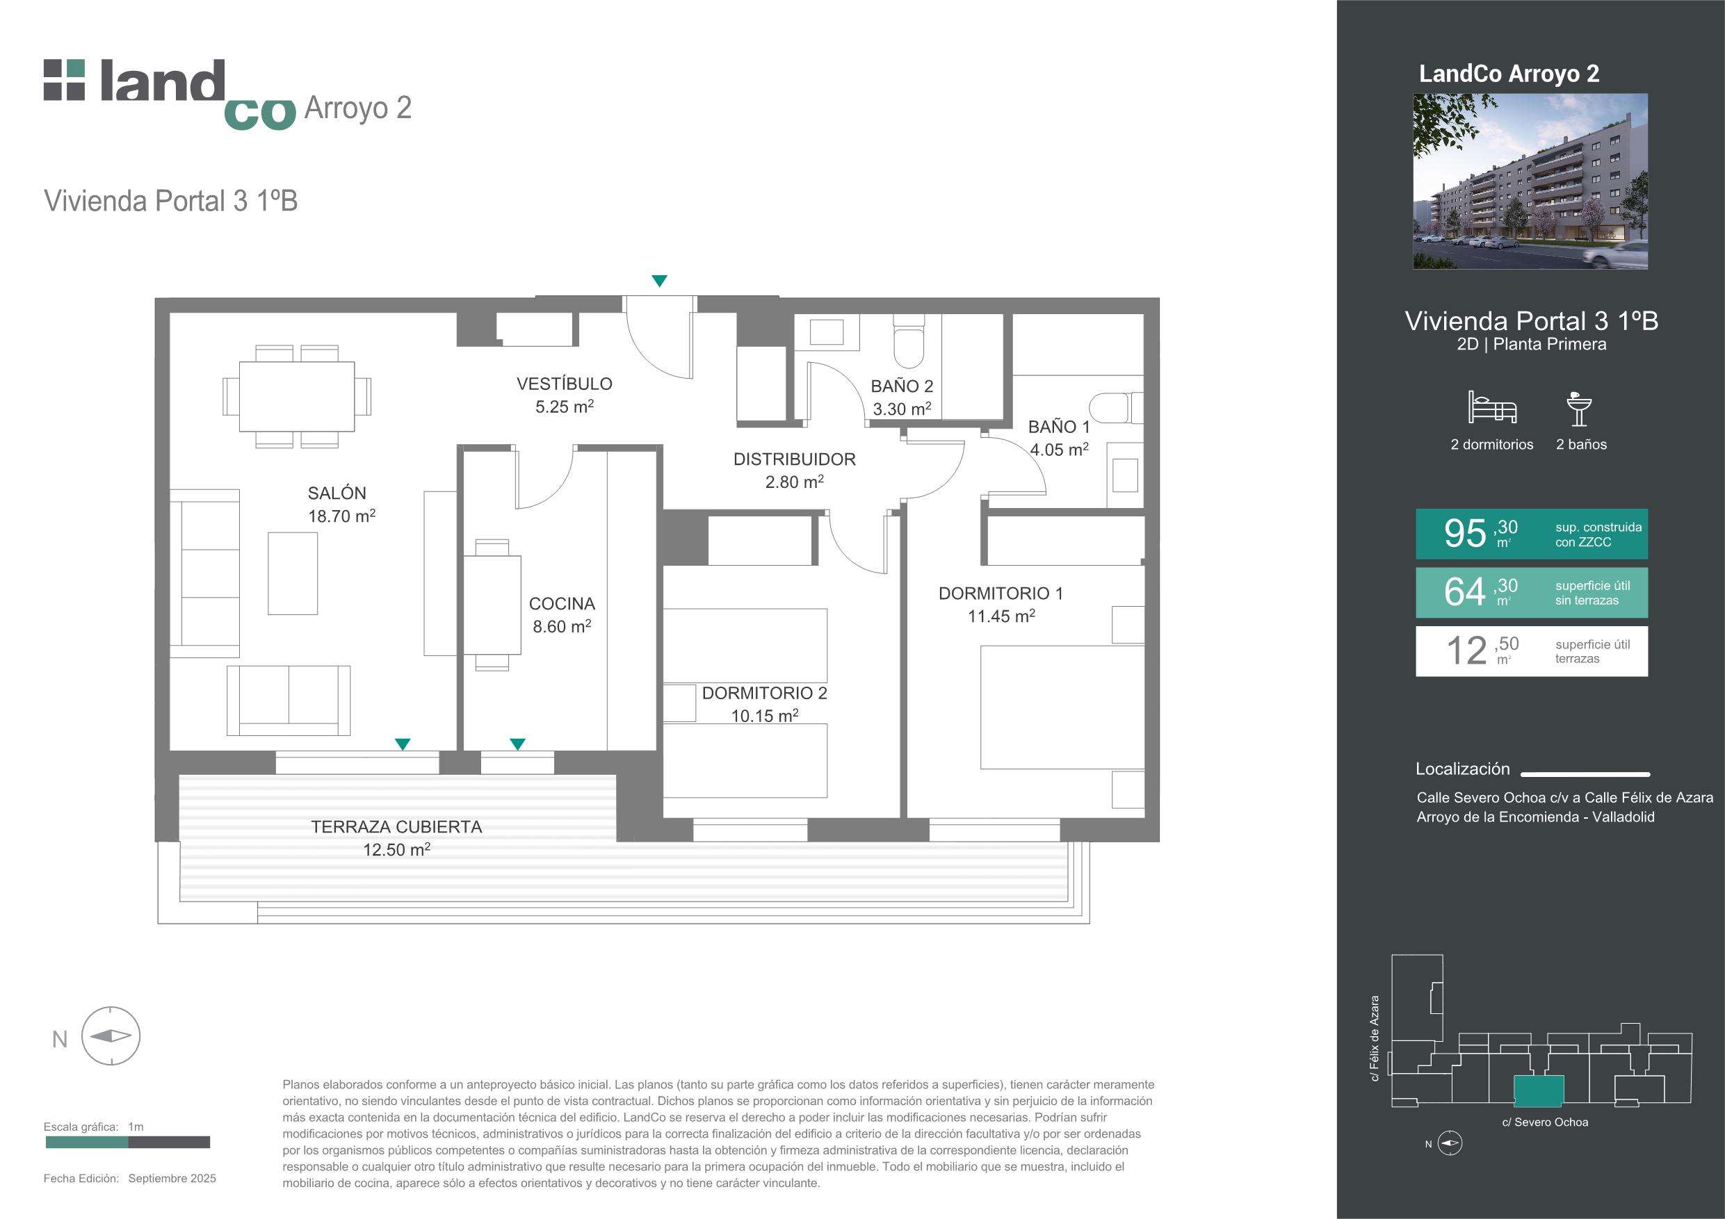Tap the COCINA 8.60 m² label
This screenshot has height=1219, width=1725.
click(562, 614)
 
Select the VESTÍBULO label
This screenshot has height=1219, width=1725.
click(565, 394)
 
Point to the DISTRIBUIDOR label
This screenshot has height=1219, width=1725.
click(794, 471)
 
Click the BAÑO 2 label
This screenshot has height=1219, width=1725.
click(902, 398)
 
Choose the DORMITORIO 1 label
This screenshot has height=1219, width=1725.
click(1001, 605)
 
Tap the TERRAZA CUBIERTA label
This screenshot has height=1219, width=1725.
click(397, 838)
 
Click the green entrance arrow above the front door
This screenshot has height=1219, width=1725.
click(659, 281)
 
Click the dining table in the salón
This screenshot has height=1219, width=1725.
click(297, 397)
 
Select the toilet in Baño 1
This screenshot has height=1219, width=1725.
click(1116, 409)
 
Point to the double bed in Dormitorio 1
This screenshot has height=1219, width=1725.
click(1062, 707)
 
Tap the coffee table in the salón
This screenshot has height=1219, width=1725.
click(293, 573)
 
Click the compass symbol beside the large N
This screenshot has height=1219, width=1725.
click(111, 1036)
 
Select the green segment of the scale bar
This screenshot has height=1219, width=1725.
click(87, 1143)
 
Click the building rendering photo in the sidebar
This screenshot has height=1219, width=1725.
click(1530, 181)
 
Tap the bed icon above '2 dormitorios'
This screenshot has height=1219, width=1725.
click(1492, 407)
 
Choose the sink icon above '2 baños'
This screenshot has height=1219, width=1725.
click(1579, 409)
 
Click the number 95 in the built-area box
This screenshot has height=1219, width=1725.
click(1465, 533)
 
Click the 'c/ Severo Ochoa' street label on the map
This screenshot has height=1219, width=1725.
click(1545, 1122)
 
